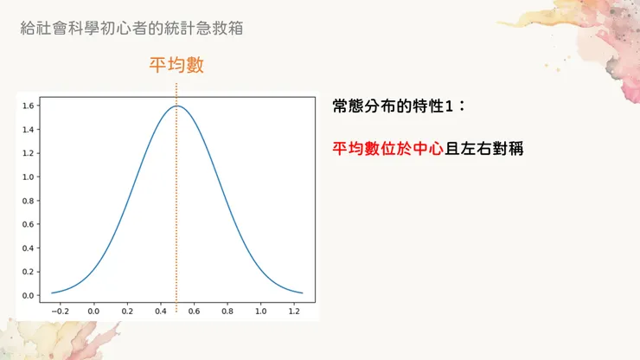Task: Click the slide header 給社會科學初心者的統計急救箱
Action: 131,28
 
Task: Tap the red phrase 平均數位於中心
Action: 387,148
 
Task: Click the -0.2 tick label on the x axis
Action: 59,309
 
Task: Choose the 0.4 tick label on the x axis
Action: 160,309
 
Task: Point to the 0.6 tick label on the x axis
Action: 194,309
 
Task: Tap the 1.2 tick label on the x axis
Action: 294,309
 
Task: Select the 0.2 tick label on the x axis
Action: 127,309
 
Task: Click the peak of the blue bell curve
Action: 177,106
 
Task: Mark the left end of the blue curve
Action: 52,292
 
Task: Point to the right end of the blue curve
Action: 303,292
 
